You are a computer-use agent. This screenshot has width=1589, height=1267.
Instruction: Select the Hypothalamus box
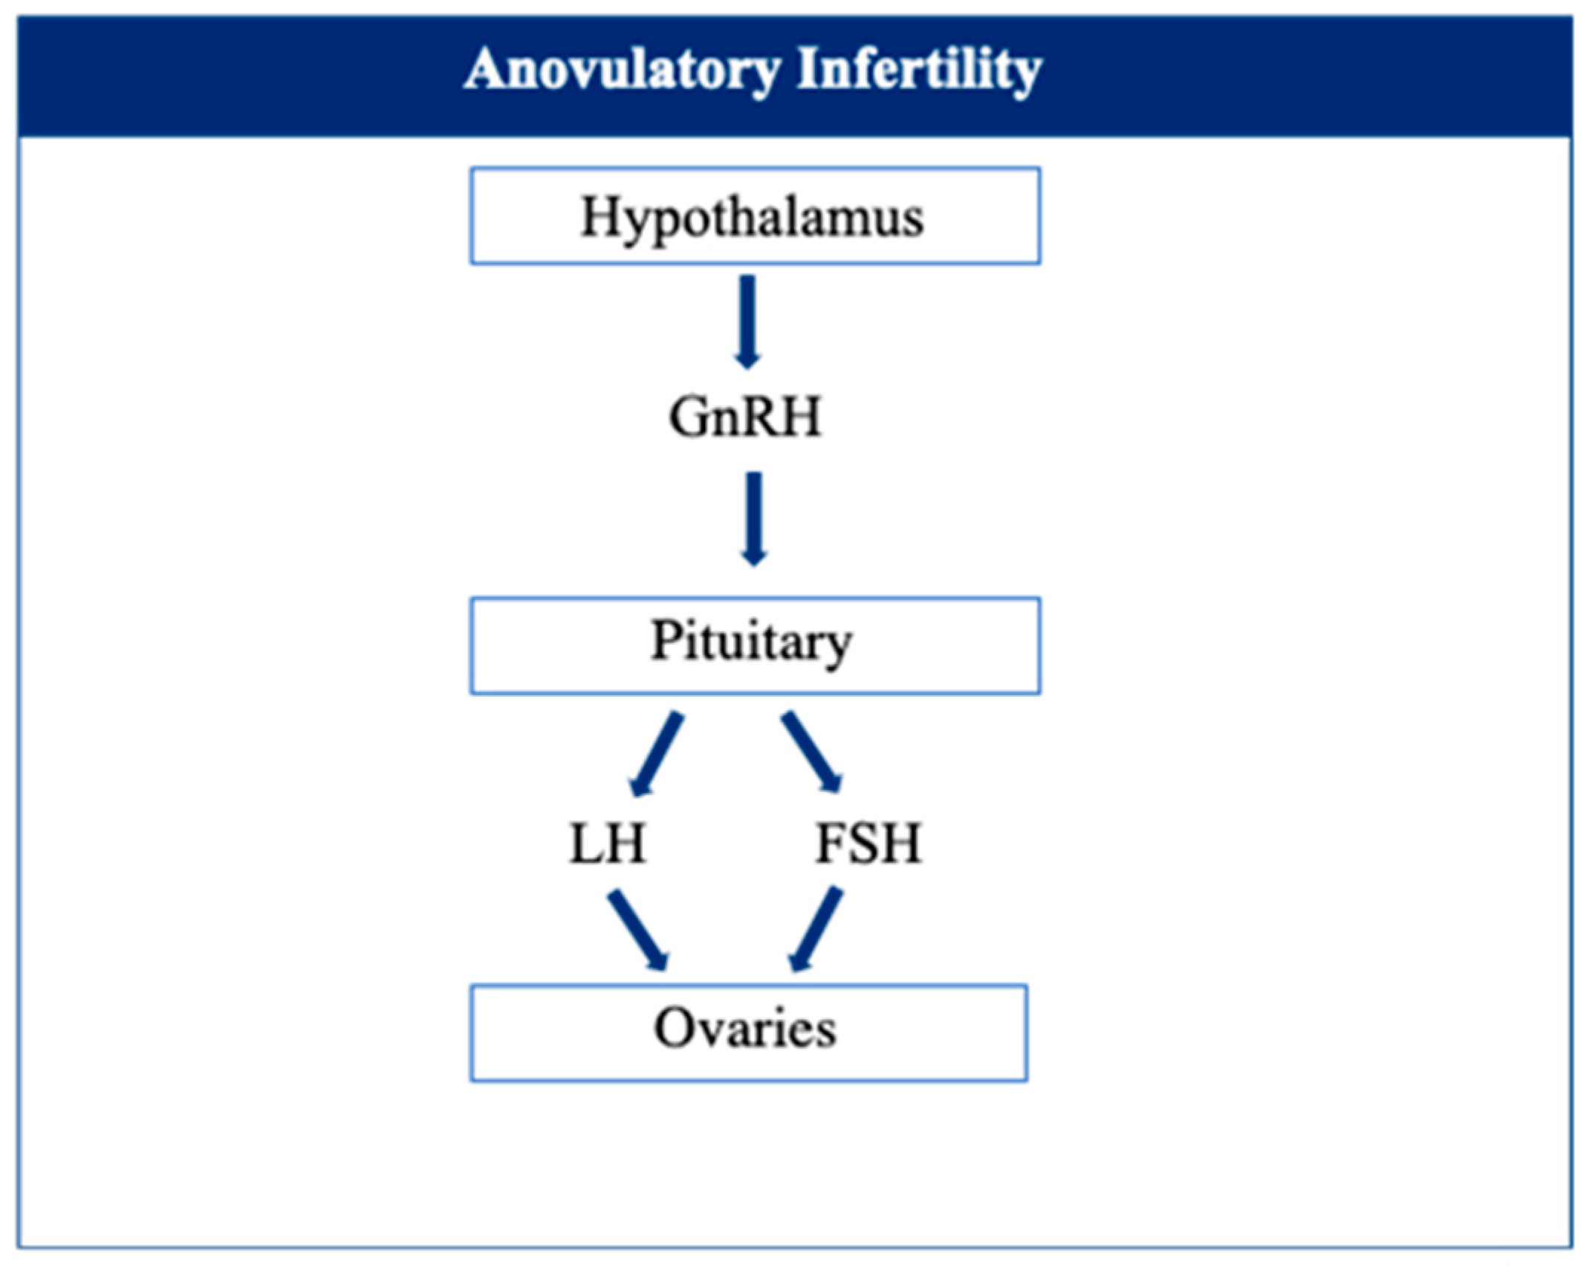click(x=755, y=215)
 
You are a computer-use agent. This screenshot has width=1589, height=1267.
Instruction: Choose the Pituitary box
click(x=755, y=645)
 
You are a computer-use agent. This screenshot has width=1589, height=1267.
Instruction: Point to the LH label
click(x=608, y=843)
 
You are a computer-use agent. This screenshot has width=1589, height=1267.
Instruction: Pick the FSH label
click(x=868, y=843)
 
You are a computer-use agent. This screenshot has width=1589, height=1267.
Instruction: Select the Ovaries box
click(x=749, y=1033)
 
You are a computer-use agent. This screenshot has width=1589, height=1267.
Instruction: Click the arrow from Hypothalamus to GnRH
click(x=747, y=322)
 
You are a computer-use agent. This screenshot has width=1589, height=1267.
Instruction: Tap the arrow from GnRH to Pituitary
click(x=754, y=518)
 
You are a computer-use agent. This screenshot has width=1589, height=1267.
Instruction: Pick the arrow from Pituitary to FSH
click(x=812, y=752)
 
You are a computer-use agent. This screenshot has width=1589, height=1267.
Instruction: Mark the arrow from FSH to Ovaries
click(x=816, y=929)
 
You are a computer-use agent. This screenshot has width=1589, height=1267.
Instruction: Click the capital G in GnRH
click(x=689, y=417)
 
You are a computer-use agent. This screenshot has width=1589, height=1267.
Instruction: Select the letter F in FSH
click(x=828, y=843)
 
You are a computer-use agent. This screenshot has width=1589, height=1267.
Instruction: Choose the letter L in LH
click(x=587, y=844)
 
